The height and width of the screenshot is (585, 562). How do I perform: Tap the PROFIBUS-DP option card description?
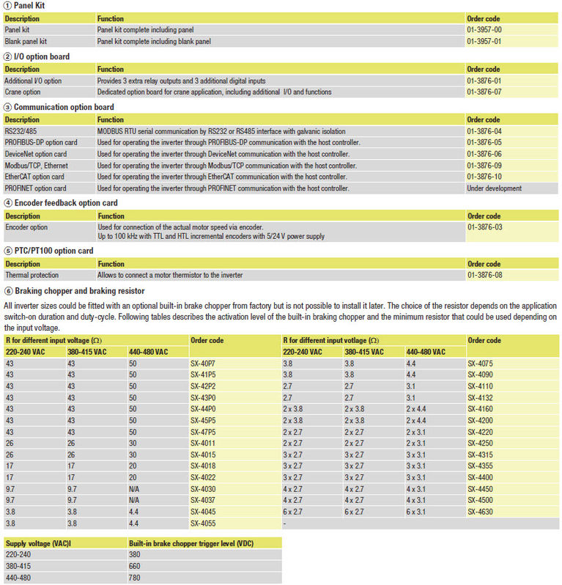tap(40, 142)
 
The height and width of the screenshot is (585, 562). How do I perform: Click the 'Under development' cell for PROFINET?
tap(494, 188)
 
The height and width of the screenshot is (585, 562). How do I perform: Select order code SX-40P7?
tap(203, 364)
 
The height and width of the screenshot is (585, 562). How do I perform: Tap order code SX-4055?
tap(203, 523)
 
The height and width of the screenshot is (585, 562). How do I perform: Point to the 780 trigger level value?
tap(134, 578)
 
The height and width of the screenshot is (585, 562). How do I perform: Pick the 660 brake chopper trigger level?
tap(134, 567)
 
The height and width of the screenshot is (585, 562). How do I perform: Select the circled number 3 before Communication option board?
tap(7, 107)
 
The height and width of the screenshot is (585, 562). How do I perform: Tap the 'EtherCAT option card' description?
tap(34, 177)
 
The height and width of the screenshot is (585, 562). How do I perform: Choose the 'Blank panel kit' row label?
tap(26, 42)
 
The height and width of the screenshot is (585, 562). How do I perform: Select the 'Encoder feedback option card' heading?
tap(65, 203)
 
